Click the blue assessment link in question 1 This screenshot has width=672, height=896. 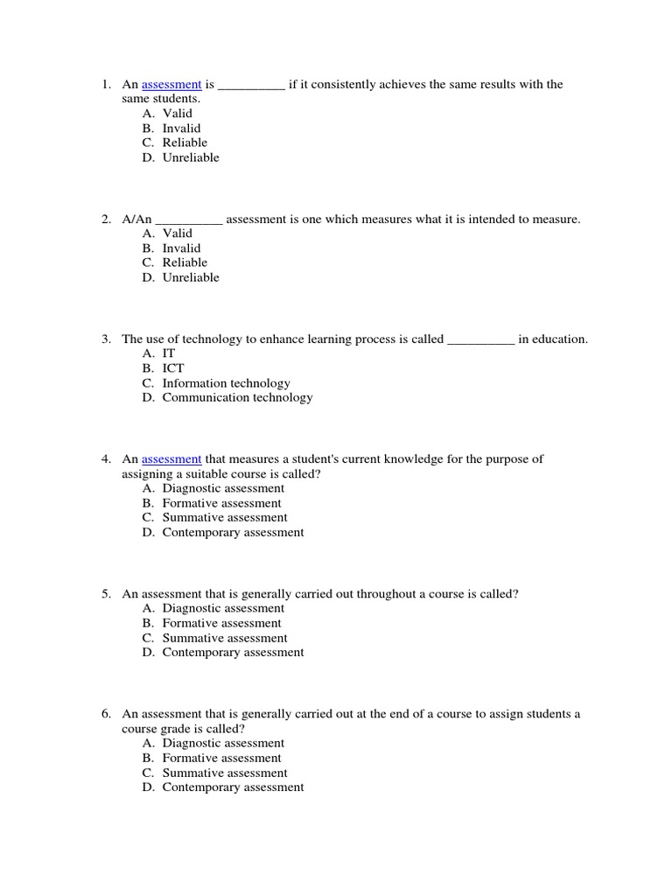click(171, 85)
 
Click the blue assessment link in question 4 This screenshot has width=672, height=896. click(171, 459)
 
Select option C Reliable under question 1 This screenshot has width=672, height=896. click(185, 143)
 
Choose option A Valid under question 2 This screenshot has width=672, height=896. click(177, 234)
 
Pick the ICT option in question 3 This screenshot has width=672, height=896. click(173, 368)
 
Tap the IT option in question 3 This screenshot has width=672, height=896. click(169, 353)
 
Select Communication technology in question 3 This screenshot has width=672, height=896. click(237, 398)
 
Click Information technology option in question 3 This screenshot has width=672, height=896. click(226, 383)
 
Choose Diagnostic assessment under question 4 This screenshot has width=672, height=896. click(223, 489)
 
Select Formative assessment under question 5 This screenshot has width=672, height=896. click(221, 624)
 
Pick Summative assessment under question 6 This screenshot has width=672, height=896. click(224, 773)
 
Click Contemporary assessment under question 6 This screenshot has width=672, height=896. click(233, 787)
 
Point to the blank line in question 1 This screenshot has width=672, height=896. click(250, 87)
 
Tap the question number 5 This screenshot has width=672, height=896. click(105, 594)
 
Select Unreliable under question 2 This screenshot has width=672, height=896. click(191, 278)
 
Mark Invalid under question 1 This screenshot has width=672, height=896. click(181, 129)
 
